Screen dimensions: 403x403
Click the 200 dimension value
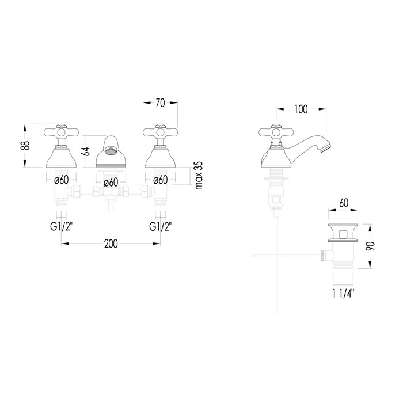111,244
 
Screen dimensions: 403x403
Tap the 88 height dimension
26,146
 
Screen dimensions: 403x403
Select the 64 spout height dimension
86,151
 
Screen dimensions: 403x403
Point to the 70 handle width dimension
160,103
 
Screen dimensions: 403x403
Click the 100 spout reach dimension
301,109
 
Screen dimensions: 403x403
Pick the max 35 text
199,176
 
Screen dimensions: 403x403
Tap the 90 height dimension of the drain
371,246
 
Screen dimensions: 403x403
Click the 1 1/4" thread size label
344,294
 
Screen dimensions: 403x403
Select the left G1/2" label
62,227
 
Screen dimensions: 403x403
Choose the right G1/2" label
161,227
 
